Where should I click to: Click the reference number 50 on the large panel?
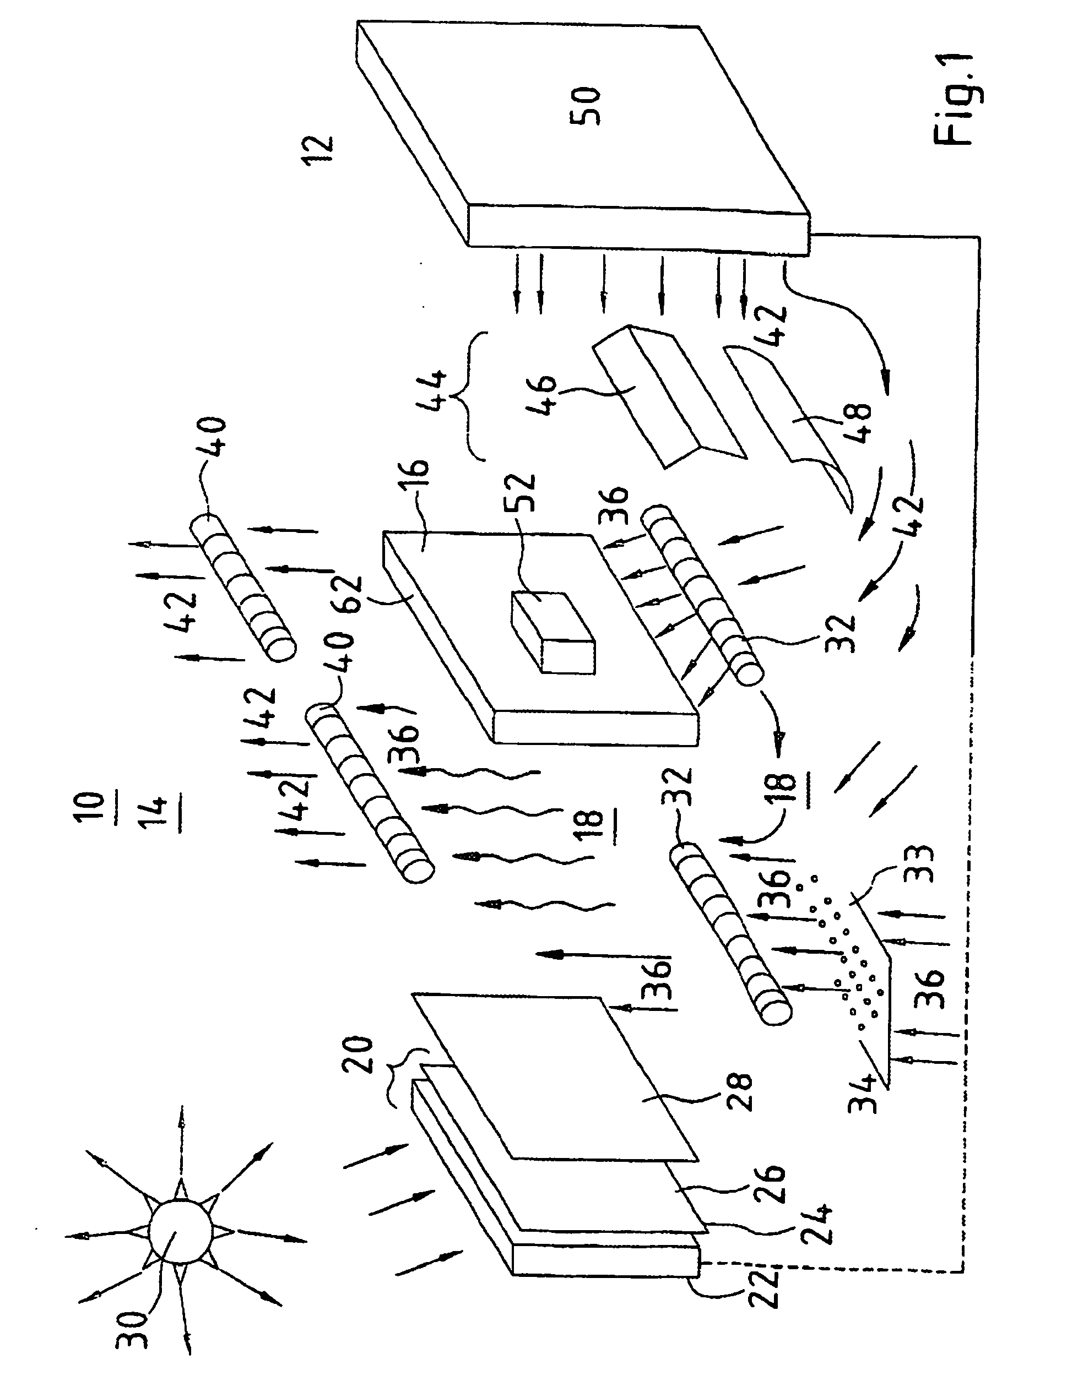[586, 107]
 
